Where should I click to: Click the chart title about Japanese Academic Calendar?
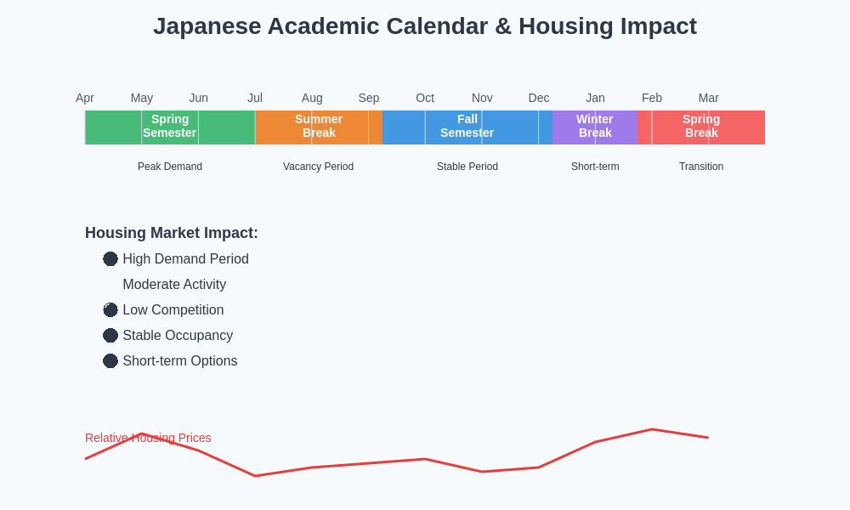[x=424, y=26]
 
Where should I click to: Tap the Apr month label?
[x=85, y=98]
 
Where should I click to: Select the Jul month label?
[x=255, y=98]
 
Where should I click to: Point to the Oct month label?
[x=425, y=98]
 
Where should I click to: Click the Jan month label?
[x=595, y=98]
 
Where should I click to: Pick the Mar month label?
[x=708, y=98]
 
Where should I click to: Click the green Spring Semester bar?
[x=170, y=127]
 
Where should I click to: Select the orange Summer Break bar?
[x=319, y=127]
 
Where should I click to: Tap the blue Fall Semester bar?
[x=467, y=127]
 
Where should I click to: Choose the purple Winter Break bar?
[x=594, y=127]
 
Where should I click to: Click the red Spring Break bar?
[x=701, y=127]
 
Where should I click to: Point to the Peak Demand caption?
[x=170, y=167]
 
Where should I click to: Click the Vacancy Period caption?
[x=318, y=167]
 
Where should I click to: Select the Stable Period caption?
[x=467, y=167]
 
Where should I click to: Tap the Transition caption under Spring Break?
[x=701, y=167]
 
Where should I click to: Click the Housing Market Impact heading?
[x=172, y=233]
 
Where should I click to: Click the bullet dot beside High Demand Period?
[x=110, y=259]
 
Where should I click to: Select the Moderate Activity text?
[x=174, y=285]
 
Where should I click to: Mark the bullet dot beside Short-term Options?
[x=110, y=361]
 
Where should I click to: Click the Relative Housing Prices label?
[x=148, y=438]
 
